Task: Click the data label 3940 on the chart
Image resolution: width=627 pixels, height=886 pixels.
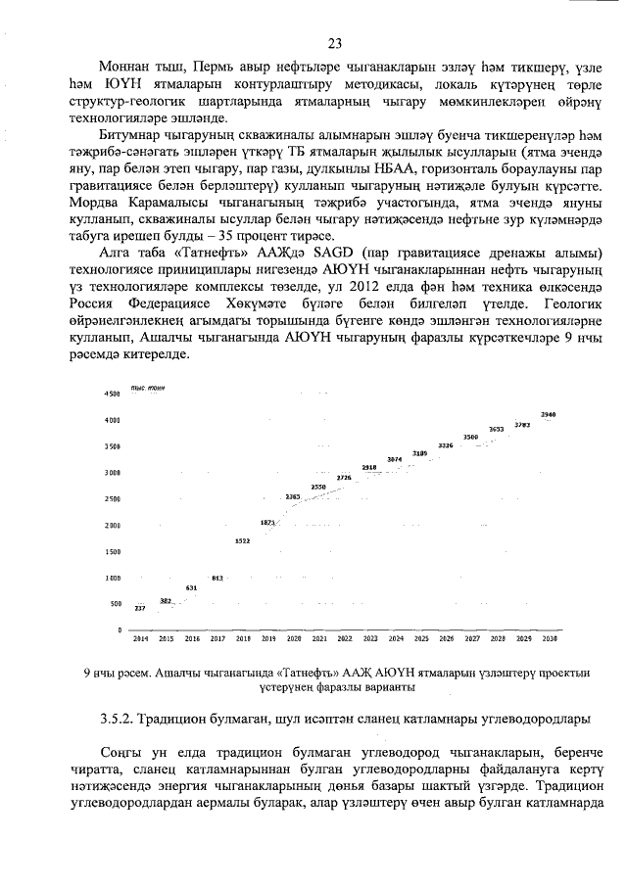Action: click(x=549, y=415)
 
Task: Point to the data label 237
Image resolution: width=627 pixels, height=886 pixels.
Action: click(x=140, y=609)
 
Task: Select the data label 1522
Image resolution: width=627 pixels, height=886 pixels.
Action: click(x=242, y=540)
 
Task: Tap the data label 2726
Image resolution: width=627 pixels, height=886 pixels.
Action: click(x=344, y=477)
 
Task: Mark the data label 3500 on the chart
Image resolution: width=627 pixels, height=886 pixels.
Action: click(x=471, y=437)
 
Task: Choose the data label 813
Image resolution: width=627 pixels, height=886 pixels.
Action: click(x=217, y=578)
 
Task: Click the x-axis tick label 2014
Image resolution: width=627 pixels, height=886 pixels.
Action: click(x=140, y=638)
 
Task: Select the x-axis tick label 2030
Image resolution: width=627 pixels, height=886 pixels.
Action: click(x=549, y=638)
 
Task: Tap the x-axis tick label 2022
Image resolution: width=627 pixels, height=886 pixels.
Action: click(x=345, y=638)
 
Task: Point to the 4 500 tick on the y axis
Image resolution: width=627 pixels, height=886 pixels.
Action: click(x=111, y=394)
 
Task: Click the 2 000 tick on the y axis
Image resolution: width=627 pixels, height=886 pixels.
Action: click(x=111, y=526)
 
